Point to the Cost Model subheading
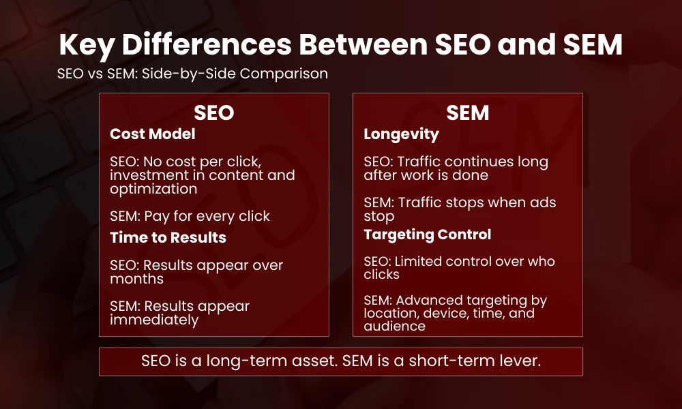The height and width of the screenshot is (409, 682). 153,134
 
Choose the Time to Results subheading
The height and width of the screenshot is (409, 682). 168,237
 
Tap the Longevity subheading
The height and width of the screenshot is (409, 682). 401,134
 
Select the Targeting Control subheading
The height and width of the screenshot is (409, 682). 427,234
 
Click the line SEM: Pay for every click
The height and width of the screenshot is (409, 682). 190,216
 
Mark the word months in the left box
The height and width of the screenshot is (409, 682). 136,279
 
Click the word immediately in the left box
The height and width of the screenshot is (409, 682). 154,320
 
